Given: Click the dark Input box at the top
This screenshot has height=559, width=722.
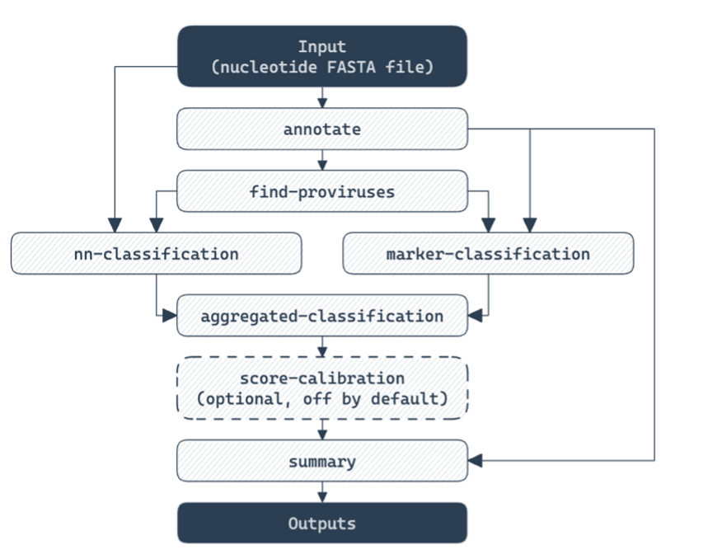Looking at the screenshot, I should pos(322,56).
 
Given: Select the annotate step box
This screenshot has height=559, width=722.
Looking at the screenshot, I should pos(322,129).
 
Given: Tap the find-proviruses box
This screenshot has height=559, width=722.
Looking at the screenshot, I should pos(322,192).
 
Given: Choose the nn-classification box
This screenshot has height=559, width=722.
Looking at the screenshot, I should pos(156,253).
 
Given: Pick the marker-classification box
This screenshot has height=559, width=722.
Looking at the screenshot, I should pos(488,253).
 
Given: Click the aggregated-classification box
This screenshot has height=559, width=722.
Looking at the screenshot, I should pos(322,316).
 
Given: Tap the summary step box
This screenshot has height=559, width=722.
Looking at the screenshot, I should pos(322,461).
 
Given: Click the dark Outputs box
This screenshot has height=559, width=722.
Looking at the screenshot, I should pos(322,524).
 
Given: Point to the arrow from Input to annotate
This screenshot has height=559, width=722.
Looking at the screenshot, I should pos(322,97).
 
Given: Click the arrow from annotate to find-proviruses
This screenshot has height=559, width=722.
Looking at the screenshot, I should pos(322,160).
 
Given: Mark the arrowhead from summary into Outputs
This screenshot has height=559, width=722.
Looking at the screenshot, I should pos(322,496).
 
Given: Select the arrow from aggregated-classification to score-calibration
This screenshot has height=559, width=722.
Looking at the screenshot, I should pos(322,346).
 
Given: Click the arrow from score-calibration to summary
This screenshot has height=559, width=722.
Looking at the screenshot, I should pos(322,429).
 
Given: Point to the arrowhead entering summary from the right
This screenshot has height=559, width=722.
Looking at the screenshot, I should pos(475,460).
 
